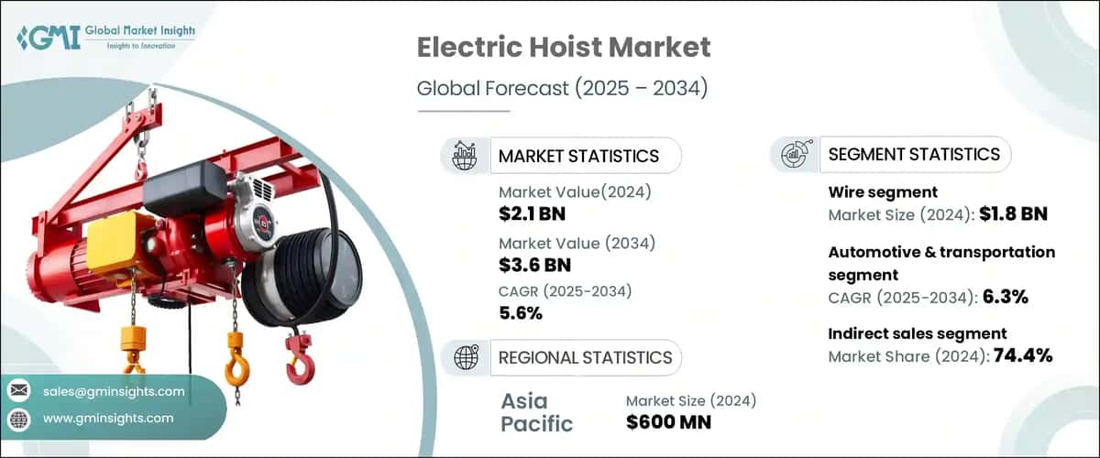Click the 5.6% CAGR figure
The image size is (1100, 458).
(x=521, y=313)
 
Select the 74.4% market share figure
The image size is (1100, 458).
(x=1021, y=355)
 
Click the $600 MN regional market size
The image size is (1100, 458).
(x=669, y=422)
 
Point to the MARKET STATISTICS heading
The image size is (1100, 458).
(x=578, y=156)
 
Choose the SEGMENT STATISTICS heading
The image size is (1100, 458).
(x=913, y=154)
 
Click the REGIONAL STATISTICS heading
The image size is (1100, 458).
(x=585, y=357)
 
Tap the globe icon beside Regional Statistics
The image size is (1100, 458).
(x=466, y=357)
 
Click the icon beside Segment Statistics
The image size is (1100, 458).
(x=794, y=155)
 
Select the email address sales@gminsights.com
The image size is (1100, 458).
(x=114, y=392)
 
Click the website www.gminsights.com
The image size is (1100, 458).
(x=108, y=419)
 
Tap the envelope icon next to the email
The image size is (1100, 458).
(x=18, y=392)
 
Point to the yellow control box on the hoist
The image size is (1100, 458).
(x=120, y=238)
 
